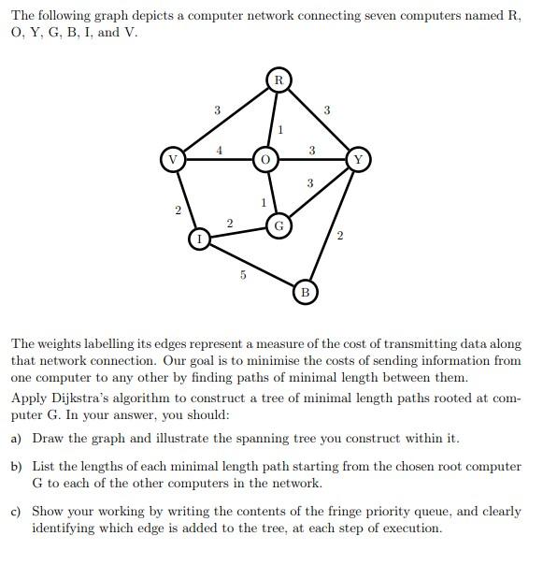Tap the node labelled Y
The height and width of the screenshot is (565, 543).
point(358,160)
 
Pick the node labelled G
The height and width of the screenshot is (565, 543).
point(279,225)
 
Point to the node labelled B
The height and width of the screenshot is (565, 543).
point(305,293)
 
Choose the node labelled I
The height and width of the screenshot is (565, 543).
point(199,239)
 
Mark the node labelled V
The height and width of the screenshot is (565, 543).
point(171,160)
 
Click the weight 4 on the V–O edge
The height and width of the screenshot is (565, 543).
point(219,149)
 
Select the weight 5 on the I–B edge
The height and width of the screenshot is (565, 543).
point(242,275)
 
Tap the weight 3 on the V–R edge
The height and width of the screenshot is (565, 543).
point(217,111)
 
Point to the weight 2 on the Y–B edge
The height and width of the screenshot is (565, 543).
point(339,235)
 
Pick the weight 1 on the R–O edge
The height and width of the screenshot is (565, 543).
point(280,129)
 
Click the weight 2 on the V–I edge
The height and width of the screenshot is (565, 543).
point(177,210)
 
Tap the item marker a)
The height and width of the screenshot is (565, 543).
point(17,438)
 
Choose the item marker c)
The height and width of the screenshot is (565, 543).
point(17,512)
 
